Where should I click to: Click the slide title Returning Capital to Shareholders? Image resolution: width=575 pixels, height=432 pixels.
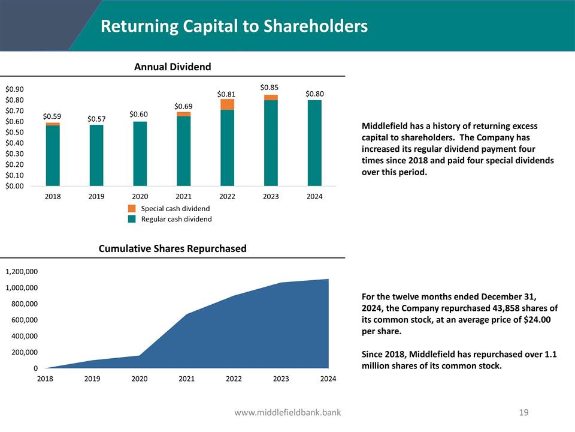point(234,26)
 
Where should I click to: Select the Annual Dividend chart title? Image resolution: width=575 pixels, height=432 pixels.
point(172,67)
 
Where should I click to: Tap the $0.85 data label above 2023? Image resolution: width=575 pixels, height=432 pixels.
point(270,88)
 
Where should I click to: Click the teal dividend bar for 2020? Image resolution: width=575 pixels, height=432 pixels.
point(140,154)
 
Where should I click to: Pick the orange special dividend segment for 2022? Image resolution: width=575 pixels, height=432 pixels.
point(227,104)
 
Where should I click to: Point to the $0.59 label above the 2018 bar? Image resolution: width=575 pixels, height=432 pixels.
point(52,116)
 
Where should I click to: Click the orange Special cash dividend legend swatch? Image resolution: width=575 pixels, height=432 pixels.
point(132,208)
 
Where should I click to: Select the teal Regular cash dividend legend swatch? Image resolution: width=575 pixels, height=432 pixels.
point(132,219)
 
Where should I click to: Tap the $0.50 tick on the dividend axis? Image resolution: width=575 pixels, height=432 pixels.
point(14,132)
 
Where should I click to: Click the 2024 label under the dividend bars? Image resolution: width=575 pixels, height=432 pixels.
point(314,197)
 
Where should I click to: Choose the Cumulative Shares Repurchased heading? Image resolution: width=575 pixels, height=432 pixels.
point(172,248)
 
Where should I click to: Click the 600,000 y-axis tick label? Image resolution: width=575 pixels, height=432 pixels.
point(24,320)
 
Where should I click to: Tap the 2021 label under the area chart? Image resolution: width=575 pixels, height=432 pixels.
point(186,379)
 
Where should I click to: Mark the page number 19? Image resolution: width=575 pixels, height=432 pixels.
point(524,412)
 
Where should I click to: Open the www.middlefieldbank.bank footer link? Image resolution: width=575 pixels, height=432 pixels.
point(287,412)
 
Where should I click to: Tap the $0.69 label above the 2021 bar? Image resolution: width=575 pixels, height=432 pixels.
point(183,106)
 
